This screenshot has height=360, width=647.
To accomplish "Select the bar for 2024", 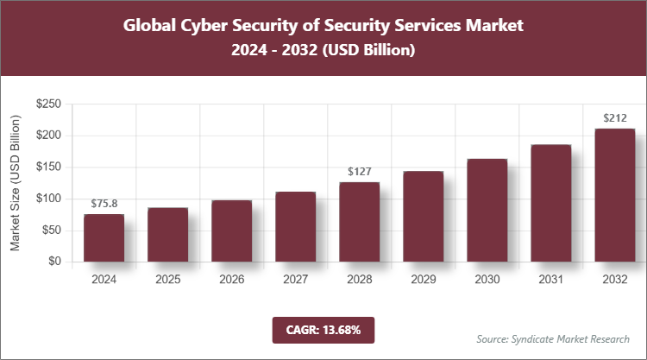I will click(x=104, y=237).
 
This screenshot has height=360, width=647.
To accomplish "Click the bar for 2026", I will click(x=231, y=231).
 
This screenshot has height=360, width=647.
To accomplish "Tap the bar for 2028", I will click(x=359, y=222).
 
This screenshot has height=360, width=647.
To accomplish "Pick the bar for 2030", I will click(x=487, y=210).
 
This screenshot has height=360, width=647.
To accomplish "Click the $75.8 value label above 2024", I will click(x=104, y=204).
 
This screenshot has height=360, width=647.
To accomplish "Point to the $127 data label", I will click(x=359, y=172).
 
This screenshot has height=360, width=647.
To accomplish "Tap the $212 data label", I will click(x=614, y=118).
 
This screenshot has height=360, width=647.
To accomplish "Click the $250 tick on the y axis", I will click(x=47, y=104).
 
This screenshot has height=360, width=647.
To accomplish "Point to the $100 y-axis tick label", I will click(x=47, y=199).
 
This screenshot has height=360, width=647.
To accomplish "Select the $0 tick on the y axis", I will click(x=53, y=262).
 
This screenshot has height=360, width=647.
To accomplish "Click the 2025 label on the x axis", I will click(x=167, y=280).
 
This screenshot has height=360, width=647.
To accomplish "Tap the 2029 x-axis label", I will click(x=423, y=280).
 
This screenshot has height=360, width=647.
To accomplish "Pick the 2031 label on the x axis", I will click(x=550, y=280).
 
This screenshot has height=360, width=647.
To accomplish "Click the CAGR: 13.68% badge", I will click(x=323, y=330).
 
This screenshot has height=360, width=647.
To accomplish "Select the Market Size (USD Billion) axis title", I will click(x=16, y=183).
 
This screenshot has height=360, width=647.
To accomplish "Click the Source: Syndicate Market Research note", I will click(x=553, y=338).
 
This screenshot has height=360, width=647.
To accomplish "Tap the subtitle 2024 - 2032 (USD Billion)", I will click(x=323, y=51).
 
